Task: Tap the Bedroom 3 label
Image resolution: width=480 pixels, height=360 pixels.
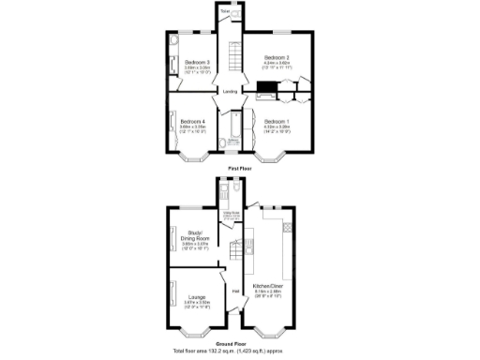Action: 197,62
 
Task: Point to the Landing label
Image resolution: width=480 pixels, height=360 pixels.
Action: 229,91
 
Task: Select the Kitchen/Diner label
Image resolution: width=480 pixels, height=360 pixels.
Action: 270,285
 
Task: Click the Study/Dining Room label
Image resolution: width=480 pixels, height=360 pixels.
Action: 196,234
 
